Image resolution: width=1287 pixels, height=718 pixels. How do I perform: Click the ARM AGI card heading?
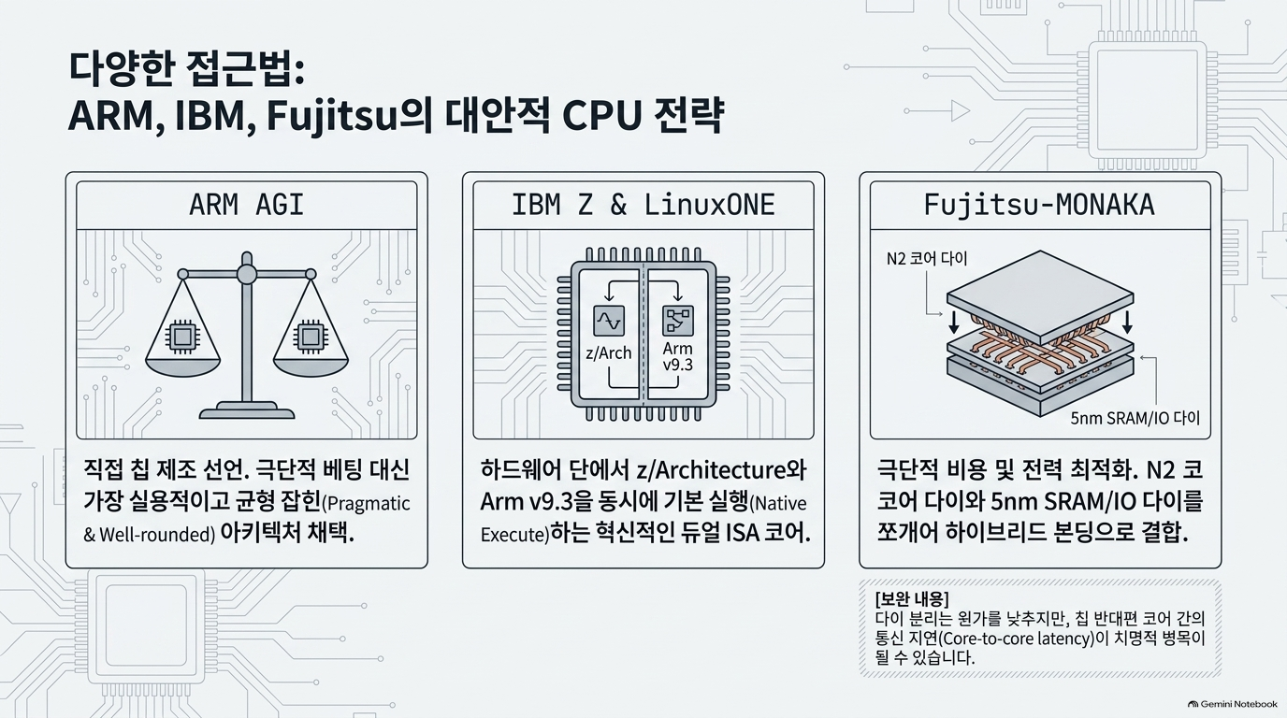point(247,205)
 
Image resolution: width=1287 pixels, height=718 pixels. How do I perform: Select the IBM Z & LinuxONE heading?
point(643,205)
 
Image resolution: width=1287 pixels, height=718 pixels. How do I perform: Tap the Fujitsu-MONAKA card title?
point(1039,205)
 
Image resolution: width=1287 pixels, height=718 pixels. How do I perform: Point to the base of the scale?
point(247,410)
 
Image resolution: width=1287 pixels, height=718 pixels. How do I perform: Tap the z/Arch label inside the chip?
point(609,352)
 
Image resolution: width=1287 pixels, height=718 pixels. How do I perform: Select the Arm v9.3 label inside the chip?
point(677,356)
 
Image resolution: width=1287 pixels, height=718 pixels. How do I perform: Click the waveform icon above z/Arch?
point(609,321)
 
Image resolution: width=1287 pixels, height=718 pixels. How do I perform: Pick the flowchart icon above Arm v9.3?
point(678,321)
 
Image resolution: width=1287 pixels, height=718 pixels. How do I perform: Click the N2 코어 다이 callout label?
point(927,258)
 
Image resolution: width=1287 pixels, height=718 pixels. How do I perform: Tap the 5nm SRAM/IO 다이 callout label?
point(1135,418)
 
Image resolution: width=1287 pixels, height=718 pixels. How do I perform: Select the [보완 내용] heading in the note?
point(912,599)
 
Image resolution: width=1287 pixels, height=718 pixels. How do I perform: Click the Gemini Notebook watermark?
point(1232,704)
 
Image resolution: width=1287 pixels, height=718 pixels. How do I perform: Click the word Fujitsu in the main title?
point(332,116)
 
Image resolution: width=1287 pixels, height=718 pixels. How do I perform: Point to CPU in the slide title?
point(601,115)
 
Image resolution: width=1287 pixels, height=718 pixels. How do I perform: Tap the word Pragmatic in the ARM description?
point(369,504)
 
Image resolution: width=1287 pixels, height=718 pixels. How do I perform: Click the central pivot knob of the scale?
point(247,274)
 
